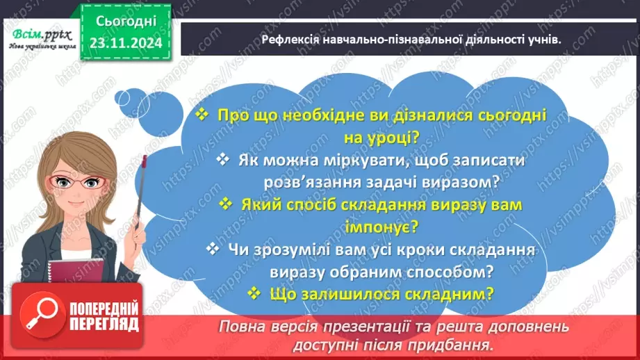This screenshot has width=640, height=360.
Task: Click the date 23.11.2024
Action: click(x=126, y=42)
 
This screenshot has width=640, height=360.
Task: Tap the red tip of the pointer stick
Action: click(x=144, y=162)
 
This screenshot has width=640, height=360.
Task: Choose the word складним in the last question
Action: click(x=455, y=293)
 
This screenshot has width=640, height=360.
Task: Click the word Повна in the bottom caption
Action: click(x=240, y=327)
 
